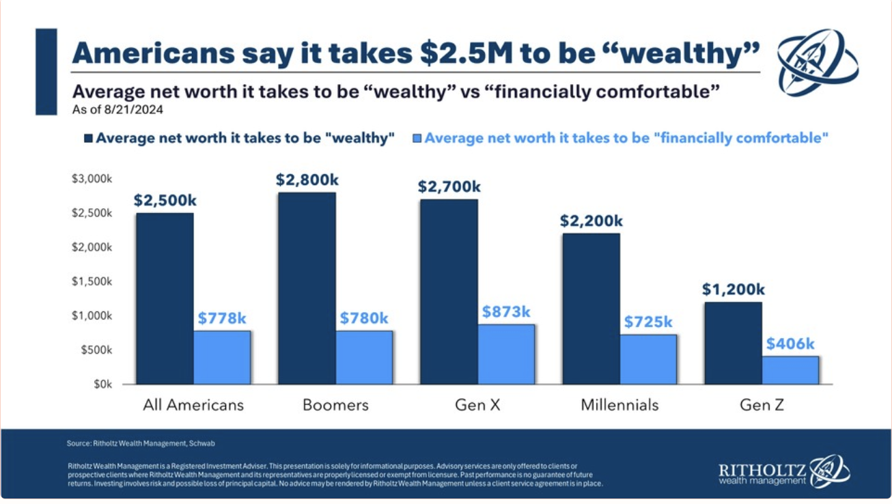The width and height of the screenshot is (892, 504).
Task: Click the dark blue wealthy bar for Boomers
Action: click(307, 288)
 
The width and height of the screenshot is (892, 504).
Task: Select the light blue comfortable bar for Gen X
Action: click(506, 354)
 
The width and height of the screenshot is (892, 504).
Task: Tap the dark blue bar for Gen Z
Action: click(733, 343)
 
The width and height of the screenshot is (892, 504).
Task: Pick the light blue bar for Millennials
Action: click(648, 359)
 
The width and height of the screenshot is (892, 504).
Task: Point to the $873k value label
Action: click(506, 312)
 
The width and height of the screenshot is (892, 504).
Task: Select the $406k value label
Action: click(790, 344)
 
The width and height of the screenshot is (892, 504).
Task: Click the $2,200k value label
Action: click(591, 221)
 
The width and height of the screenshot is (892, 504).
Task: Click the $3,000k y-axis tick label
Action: click(92, 179)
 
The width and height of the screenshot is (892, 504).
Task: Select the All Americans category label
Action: click(193, 405)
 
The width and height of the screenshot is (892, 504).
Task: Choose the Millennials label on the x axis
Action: click(619, 405)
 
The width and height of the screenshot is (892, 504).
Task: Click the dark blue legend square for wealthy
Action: click(88, 138)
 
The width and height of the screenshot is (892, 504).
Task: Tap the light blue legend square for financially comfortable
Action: click(417, 138)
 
